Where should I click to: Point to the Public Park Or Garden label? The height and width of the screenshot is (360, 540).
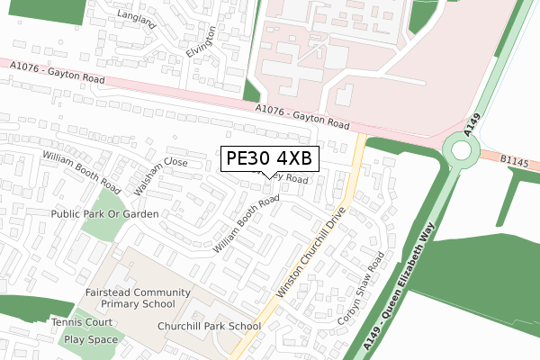coord(104,214)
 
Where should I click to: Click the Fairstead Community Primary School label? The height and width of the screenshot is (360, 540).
coord(138,298)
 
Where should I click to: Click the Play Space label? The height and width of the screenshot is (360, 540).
coord(90,339)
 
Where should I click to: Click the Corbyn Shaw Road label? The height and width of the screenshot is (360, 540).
coord(361,289)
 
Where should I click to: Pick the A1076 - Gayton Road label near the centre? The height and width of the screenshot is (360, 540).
coord(300,116)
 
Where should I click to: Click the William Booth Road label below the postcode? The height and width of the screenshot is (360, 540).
coord(246,224)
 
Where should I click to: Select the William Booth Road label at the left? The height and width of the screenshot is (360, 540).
coord(81,170)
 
